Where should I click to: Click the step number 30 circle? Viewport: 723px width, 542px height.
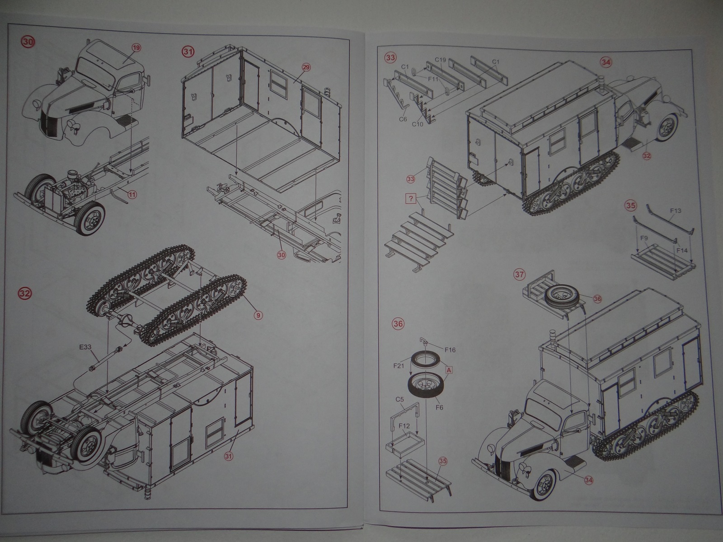[x=28, y=42]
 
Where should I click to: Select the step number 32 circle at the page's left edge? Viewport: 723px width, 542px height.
[x=27, y=293]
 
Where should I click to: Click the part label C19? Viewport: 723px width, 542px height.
[x=441, y=60]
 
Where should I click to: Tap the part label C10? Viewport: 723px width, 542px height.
[x=417, y=124]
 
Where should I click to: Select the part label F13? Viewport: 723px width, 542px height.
[x=676, y=210]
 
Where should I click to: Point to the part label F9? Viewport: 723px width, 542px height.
[x=644, y=237]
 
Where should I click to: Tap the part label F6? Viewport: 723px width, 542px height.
[x=439, y=408]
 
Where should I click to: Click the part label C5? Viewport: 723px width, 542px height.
[x=399, y=400]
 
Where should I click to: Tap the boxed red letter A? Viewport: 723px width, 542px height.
[x=449, y=369]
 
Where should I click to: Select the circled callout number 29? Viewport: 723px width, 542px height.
[x=306, y=67]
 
